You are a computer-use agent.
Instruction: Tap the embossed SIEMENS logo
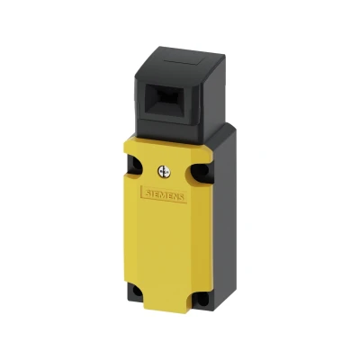[x=165, y=195]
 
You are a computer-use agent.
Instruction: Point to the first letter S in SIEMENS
[x=148, y=193]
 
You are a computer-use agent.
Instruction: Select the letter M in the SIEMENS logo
[x=165, y=195]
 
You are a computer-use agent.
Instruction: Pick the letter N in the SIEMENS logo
[x=175, y=197]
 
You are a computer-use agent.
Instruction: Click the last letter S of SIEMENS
[x=181, y=198]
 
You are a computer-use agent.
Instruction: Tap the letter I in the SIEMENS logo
[x=151, y=193]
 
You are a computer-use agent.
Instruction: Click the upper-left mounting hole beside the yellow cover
[x=136, y=165]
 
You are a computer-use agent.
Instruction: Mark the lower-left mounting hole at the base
[x=137, y=291]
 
